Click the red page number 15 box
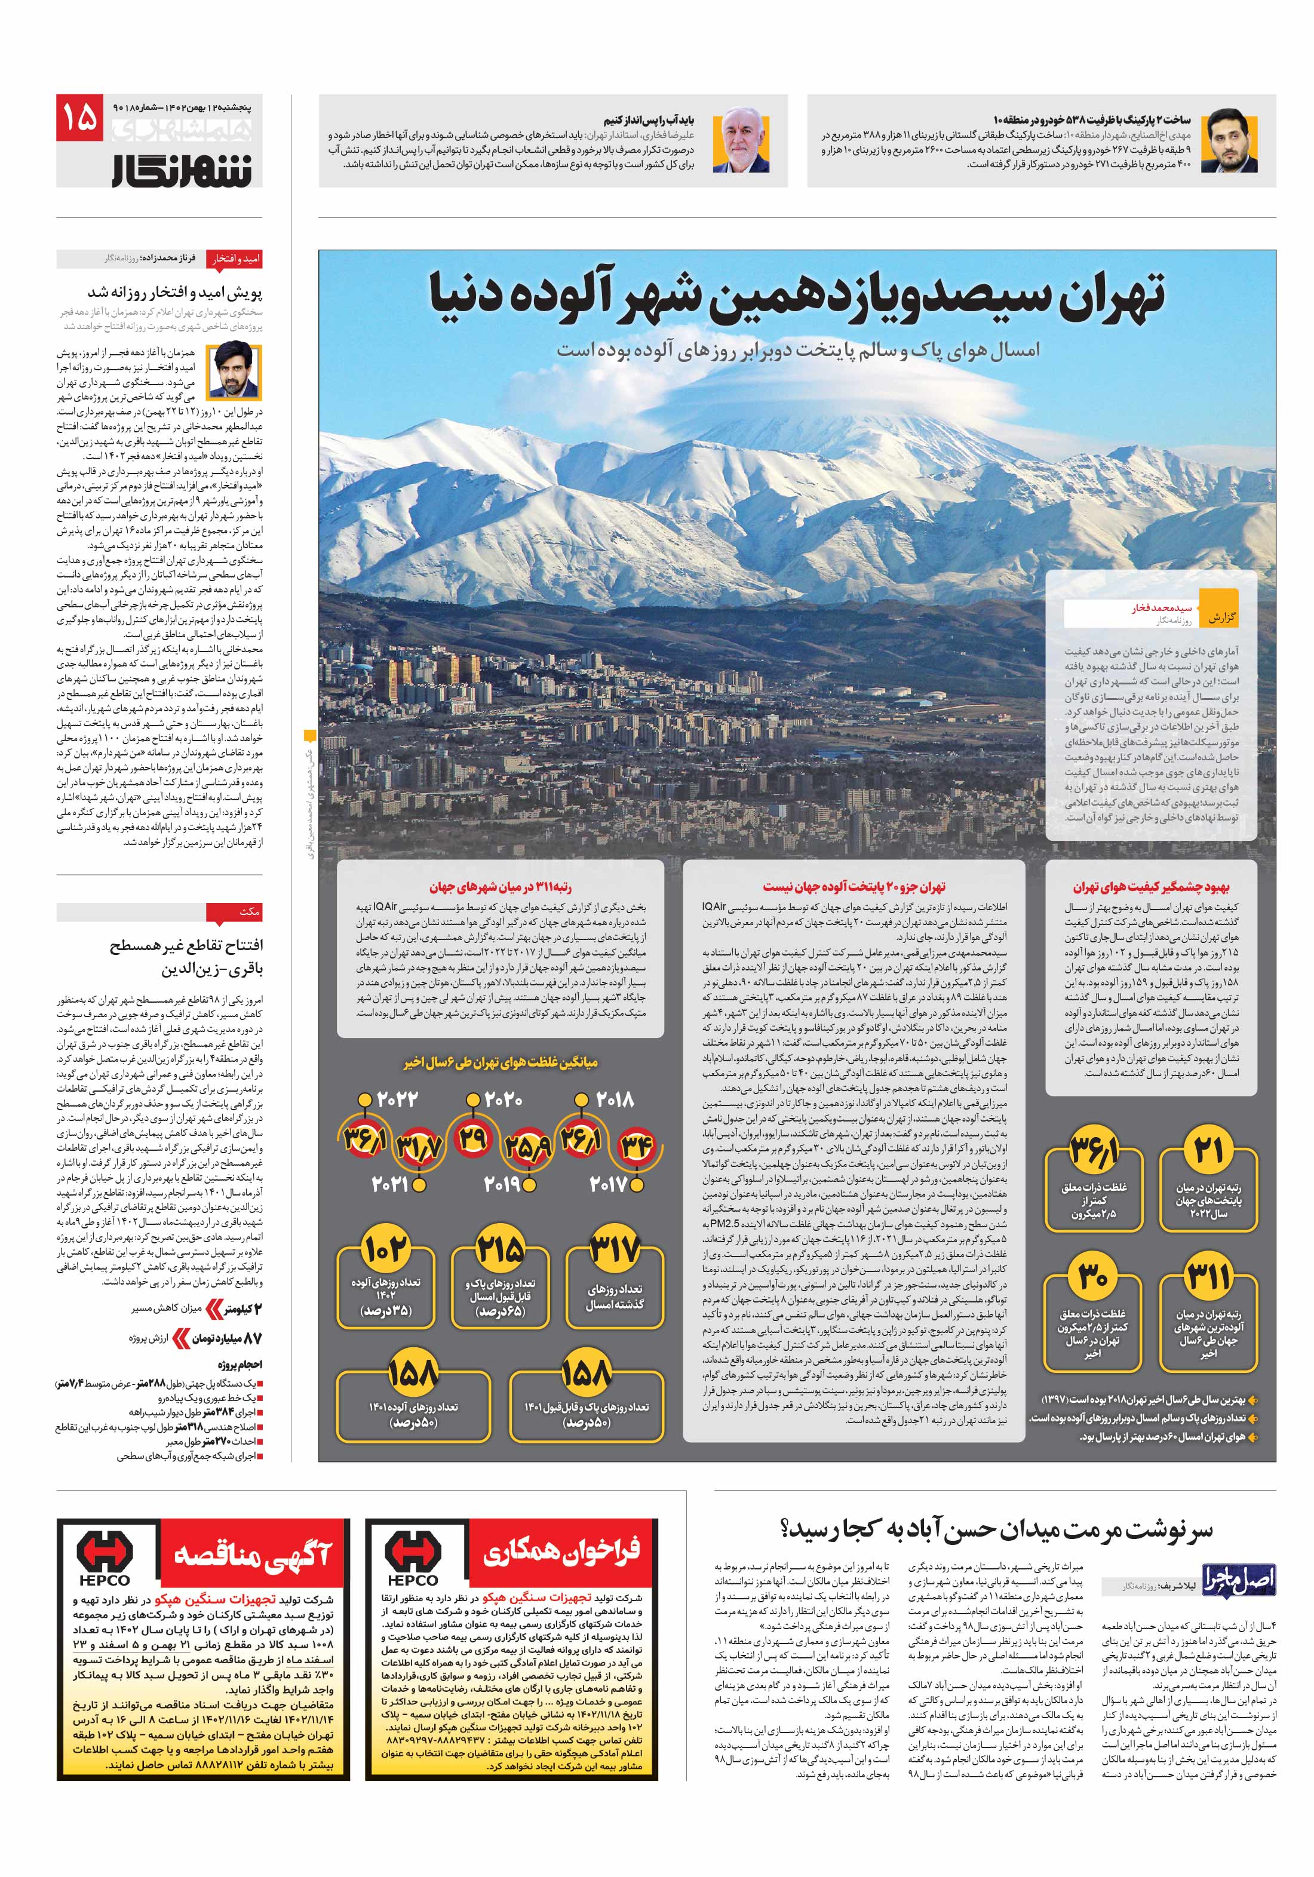click(x=79, y=118)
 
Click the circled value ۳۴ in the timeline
click(x=636, y=1145)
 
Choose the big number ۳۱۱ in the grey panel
click(x=1208, y=1276)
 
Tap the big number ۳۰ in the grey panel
click(x=1092, y=1276)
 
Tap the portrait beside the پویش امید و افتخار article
click(x=234, y=370)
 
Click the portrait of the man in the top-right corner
click(x=1232, y=140)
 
